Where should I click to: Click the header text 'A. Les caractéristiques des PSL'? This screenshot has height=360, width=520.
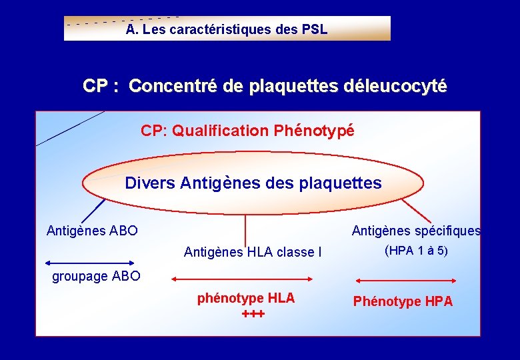point(227,30)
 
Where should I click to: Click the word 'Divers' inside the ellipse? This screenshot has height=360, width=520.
point(150,183)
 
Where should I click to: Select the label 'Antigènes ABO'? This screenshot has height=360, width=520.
point(92,231)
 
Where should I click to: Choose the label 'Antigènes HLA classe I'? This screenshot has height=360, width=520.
point(252,252)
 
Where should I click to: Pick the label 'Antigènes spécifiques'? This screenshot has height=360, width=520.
point(416,231)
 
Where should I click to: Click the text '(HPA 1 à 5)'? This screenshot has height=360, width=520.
point(416,251)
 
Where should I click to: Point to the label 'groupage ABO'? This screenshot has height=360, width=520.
point(96,276)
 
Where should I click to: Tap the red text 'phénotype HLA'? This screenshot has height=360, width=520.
point(246,298)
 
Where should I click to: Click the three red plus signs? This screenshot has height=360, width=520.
point(253,313)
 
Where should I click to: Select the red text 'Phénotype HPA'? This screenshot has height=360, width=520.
point(403,301)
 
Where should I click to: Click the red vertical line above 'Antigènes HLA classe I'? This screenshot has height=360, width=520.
point(245,230)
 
